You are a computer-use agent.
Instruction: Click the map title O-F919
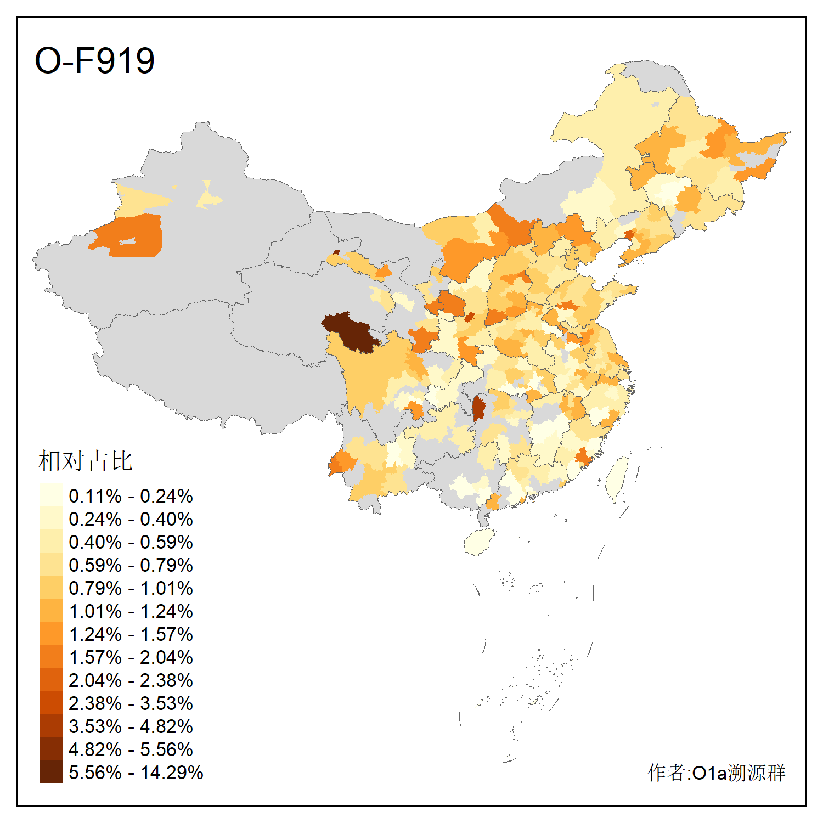94,60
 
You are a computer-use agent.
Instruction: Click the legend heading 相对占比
85,461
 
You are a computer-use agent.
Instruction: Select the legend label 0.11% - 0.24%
131,496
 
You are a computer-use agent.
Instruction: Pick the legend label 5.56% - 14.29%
136,773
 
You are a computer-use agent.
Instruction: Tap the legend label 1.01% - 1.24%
131,611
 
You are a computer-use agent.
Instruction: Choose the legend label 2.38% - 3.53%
131,703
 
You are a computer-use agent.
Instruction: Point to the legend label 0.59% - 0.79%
131,565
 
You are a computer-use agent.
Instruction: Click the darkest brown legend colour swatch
50,771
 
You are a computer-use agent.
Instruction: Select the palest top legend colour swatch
50,495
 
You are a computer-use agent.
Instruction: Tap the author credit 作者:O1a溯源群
716,773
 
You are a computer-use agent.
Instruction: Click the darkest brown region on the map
348,329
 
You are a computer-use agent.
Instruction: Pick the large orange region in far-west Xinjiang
134,236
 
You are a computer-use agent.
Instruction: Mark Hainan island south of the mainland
480,542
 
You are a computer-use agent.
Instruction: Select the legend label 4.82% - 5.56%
131,749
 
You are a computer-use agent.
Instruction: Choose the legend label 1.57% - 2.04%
131,657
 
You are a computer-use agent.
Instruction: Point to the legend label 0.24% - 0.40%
131,519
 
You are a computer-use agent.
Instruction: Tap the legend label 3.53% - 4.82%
131,726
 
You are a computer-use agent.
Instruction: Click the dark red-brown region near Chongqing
478,409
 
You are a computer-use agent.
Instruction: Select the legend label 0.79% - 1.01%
131,588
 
